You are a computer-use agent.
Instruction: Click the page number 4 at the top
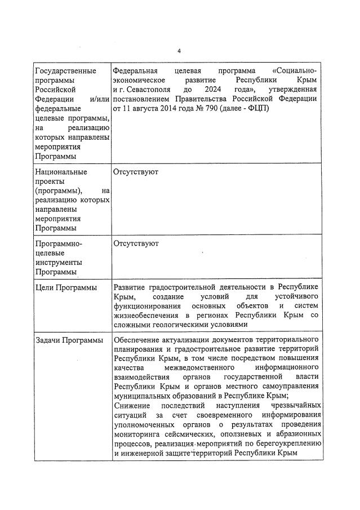click(179, 51)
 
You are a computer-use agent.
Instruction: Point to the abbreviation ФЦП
click(255, 108)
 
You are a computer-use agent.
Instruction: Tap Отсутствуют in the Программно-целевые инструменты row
click(136, 243)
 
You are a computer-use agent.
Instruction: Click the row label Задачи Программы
click(69, 340)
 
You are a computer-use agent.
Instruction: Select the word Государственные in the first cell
click(65, 71)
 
